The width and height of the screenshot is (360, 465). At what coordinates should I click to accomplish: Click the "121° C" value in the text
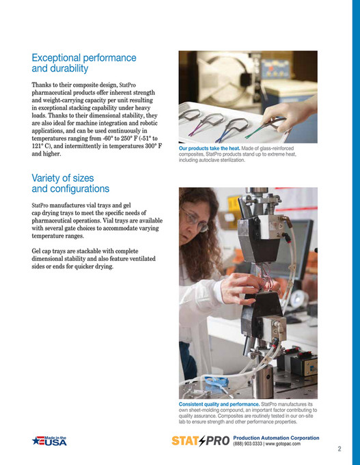[43, 146]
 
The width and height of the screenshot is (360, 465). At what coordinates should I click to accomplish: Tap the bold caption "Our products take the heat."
[209, 148]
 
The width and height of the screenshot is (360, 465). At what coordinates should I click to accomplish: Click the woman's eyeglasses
[196, 220]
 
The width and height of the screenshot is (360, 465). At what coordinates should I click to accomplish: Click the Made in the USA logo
[50, 441]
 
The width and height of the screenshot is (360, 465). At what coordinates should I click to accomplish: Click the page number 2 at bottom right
[339, 449]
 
